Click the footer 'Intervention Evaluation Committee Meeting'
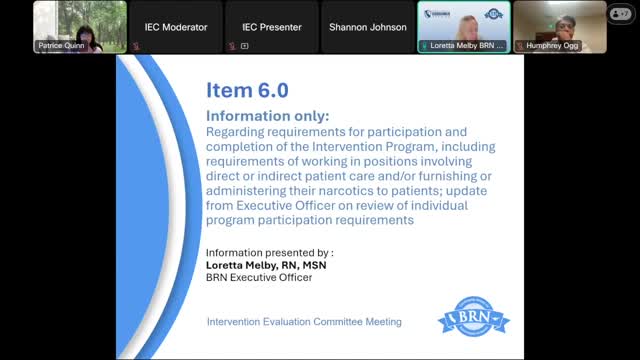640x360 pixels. (x=304, y=322)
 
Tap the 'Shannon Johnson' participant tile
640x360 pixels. (x=367, y=28)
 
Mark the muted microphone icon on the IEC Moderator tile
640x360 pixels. (x=135, y=46)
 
